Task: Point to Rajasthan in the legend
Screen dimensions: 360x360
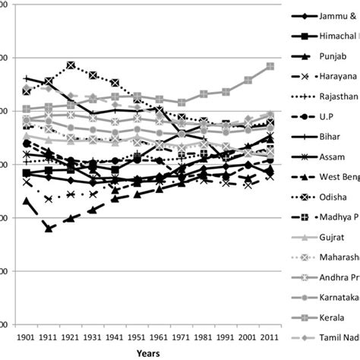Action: point(333,97)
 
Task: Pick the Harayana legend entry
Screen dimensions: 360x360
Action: point(333,77)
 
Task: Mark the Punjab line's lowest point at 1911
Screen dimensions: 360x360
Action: point(49,228)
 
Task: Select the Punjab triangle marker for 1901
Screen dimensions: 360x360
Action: point(27,201)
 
